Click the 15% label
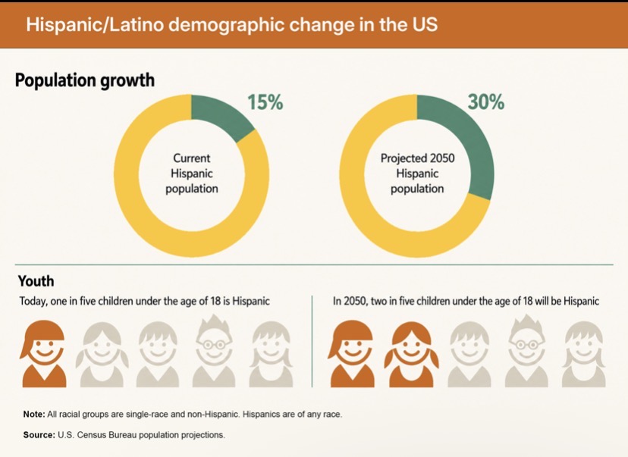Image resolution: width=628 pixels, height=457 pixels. (x=265, y=102)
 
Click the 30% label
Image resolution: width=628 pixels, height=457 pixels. (x=486, y=102)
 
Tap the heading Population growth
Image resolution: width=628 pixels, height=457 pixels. (x=84, y=80)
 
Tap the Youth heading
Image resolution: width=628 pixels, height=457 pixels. (x=36, y=281)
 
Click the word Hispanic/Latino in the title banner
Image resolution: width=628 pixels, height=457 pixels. (x=95, y=25)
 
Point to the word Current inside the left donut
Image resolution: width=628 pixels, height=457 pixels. (x=191, y=158)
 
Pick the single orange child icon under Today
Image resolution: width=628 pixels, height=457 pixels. (x=43, y=354)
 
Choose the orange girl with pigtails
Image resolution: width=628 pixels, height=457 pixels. (x=411, y=355)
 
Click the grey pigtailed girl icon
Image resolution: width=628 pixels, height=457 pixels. (x=102, y=355)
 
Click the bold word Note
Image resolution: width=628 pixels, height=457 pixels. (x=34, y=415)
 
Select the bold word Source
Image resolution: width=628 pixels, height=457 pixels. (x=39, y=435)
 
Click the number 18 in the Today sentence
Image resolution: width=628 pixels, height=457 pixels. (x=215, y=301)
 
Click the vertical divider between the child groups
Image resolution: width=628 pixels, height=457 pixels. (x=312, y=341)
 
